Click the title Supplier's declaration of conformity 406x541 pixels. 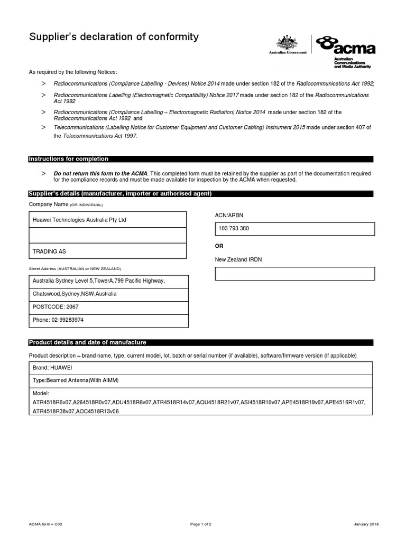click(x=114, y=37)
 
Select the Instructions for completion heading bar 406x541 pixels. click(x=201, y=159)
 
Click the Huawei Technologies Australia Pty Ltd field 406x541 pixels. click(x=107, y=220)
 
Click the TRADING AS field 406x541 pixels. click(x=107, y=251)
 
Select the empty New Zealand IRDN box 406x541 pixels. click(x=295, y=274)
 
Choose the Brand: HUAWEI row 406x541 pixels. click(x=201, y=368)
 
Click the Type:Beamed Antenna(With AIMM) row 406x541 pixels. click(x=201, y=381)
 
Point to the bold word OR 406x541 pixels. click(x=219, y=246)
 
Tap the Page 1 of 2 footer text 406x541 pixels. click(x=201, y=524)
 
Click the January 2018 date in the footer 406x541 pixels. click(x=366, y=524)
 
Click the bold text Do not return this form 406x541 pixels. click(x=100, y=173)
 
